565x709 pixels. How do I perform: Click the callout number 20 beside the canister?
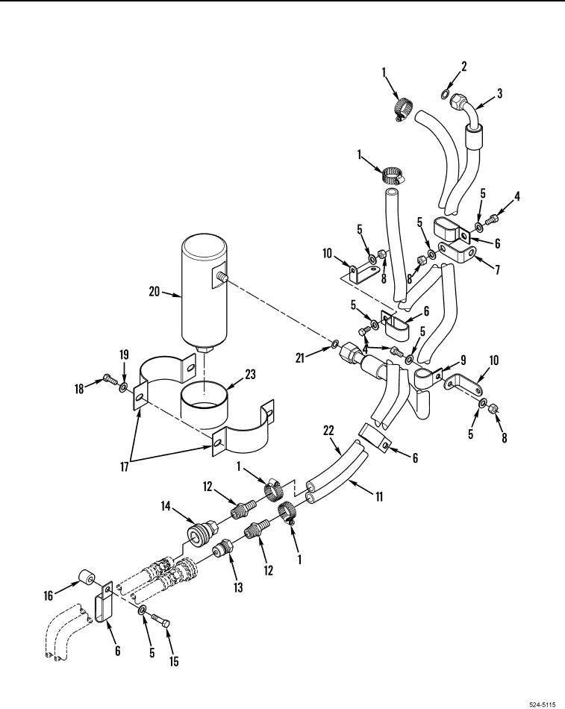[x=154, y=291]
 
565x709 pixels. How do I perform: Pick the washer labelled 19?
[x=122, y=387]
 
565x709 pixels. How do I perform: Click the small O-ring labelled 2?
[x=445, y=95]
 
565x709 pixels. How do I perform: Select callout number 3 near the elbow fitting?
[x=499, y=93]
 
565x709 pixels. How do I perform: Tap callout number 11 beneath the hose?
[x=379, y=496]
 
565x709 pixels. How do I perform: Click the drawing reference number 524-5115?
[x=542, y=705]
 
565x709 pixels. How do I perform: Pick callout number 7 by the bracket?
[x=497, y=270]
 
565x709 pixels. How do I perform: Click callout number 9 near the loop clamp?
[x=463, y=360]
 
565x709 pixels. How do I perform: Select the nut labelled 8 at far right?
[x=493, y=408]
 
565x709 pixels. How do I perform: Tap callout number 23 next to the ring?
[x=250, y=375]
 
